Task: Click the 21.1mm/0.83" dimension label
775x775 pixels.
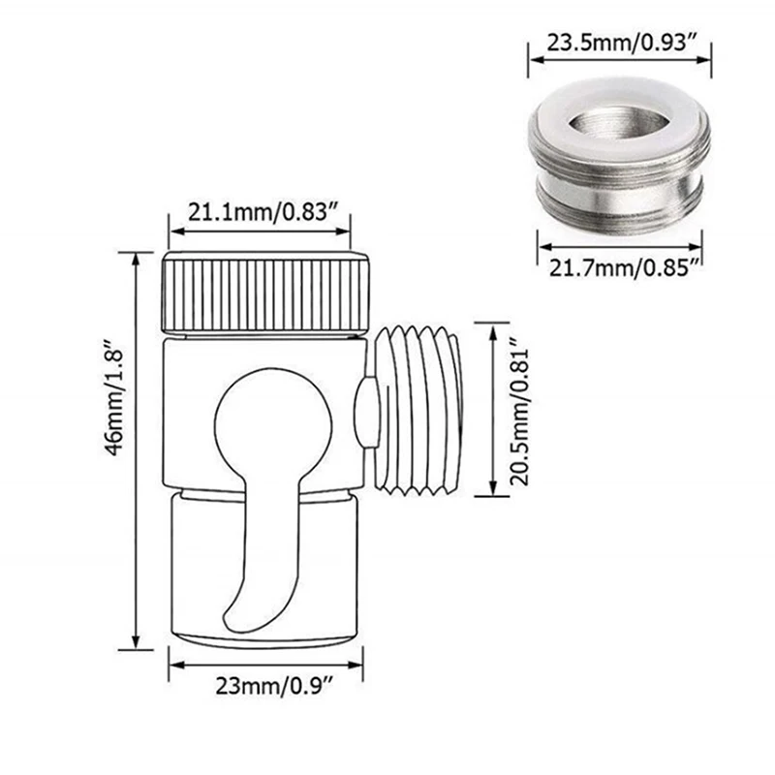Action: click(x=260, y=210)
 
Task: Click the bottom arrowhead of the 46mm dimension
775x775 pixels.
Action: click(x=137, y=643)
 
